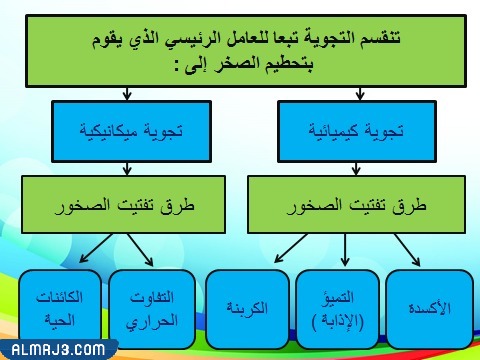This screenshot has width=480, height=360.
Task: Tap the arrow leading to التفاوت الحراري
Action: [x=139, y=252]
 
